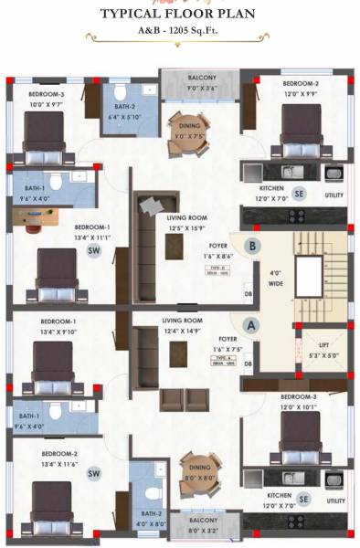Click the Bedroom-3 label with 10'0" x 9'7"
pyautogui.click(x=47, y=99)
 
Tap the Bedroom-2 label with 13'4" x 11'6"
pyautogui.click(x=58, y=459)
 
